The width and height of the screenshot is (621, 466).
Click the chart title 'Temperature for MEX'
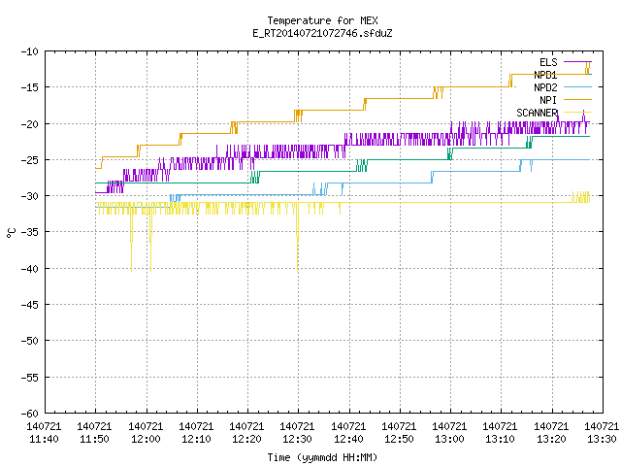322,20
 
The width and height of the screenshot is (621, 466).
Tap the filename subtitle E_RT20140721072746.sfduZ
322,33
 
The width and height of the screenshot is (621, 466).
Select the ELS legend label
548,62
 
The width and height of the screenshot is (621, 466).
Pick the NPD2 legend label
545,87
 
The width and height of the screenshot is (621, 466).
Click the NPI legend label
548,100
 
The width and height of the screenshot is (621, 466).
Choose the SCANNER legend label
537,113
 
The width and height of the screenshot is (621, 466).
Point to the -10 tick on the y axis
30,51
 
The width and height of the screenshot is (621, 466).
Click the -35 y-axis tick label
30,232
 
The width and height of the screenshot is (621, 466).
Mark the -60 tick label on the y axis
30,414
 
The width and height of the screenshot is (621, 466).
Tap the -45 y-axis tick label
30,305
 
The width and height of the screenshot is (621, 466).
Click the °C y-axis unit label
11,233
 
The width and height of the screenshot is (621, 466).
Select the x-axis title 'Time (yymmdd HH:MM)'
322,457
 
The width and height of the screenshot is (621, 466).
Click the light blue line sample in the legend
577,87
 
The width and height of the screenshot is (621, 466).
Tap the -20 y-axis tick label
30,124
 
